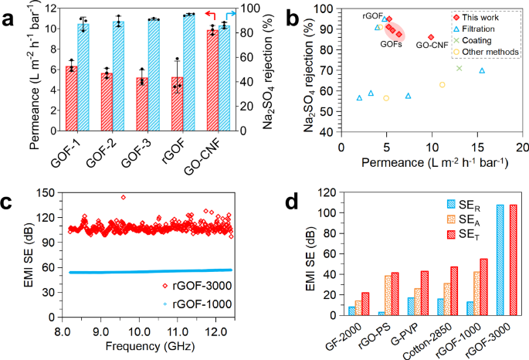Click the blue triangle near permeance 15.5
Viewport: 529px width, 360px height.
click(x=482, y=71)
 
